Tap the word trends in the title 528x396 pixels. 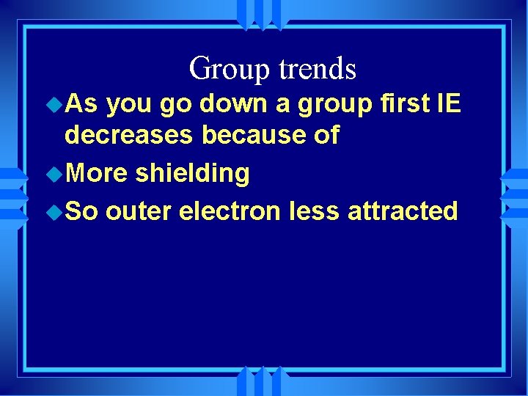click(317, 69)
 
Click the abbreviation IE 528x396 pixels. click(448, 104)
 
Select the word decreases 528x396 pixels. click(129, 136)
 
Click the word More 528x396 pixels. click(95, 174)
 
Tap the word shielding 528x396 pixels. click(192, 175)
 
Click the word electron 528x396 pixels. click(230, 212)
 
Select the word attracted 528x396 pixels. click(403, 212)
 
